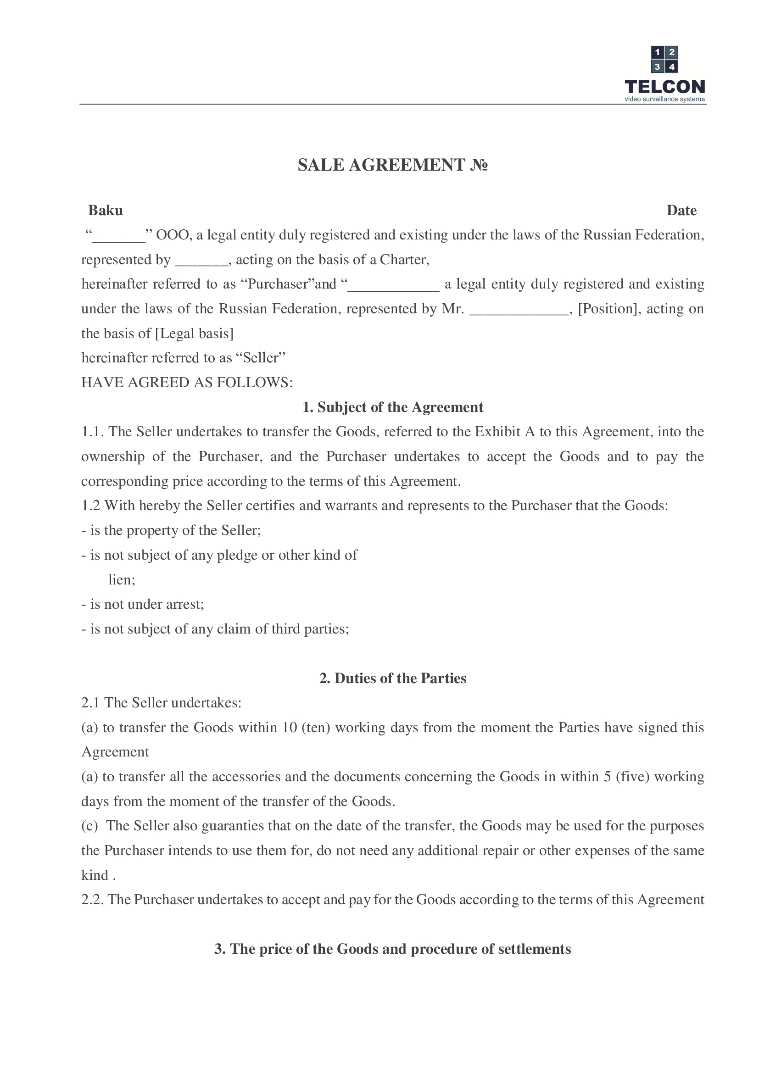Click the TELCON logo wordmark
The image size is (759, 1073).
pyautogui.click(x=664, y=87)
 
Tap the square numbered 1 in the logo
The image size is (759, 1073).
pyautogui.click(x=657, y=52)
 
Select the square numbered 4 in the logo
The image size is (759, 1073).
pyautogui.click(x=672, y=67)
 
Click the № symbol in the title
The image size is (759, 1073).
pyautogui.click(x=479, y=165)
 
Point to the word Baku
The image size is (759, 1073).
pyautogui.click(x=106, y=211)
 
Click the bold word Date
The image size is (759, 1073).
pyautogui.click(x=681, y=211)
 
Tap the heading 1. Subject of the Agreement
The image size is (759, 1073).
pyautogui.click(x=393, y=407)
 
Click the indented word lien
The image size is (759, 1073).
pyautogui.click(x=121, y=580)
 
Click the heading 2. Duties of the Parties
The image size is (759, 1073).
pyautogui.click(x=393, y=678)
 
